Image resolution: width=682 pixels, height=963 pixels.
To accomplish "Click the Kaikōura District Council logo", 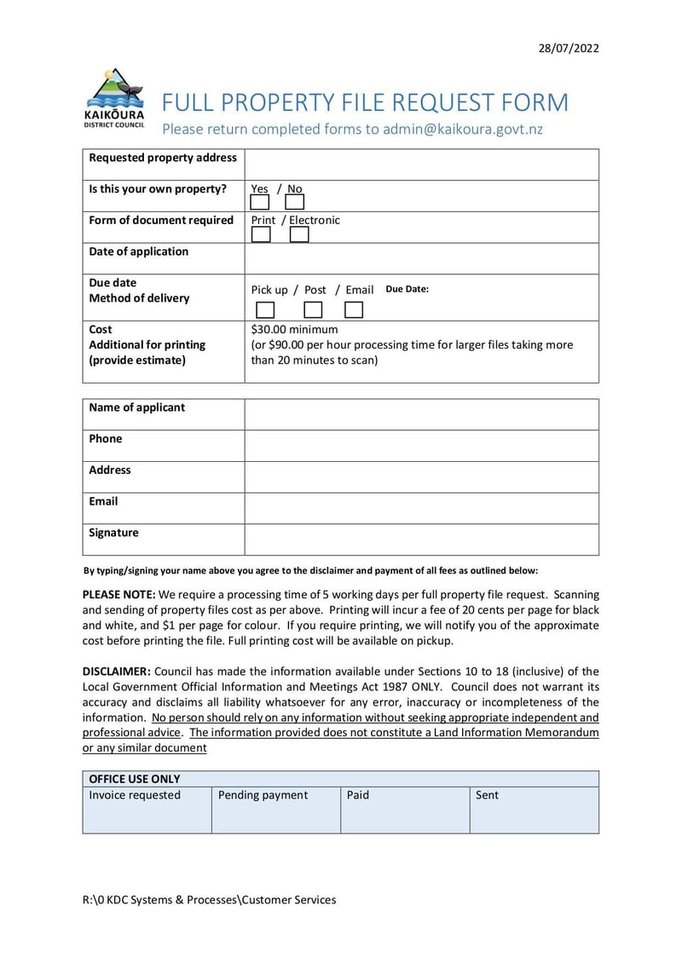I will pyautogui.click(x=114, y=98).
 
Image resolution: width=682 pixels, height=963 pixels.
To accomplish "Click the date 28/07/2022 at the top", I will pyautogui.click(x=569, y=48).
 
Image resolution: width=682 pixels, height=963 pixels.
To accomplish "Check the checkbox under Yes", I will pyautogui.click(x=260, y=202).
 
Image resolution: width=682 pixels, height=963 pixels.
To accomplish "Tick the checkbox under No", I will pyautogui.click(x=294, y=202).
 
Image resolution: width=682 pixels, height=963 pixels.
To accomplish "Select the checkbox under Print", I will pyautogui.click(x=261, y=234).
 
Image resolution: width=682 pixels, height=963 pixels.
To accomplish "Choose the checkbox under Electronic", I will pyautogui.click(x=299, y=234).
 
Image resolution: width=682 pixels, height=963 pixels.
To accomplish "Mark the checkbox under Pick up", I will pyautogui.click(x=266, y=310).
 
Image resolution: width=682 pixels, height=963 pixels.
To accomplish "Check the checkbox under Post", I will pyautogui.click(x=313, y=310).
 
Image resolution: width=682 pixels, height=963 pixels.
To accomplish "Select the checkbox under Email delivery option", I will pyautogui.click(x=354, y=310).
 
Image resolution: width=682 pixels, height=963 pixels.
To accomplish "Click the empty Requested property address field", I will pyautogui.click(x=421, y=164).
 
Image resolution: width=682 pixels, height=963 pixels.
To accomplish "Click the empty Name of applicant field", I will pyautogui.click(x=421, y=414).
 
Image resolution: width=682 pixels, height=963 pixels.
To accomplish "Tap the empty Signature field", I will pyautogui.click(x=421, y=539).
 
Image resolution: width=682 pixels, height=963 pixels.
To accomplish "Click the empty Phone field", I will pyautogui.click(x=421, y=446).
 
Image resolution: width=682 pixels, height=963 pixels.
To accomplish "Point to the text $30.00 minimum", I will pyautogui.click(x=294, y=329).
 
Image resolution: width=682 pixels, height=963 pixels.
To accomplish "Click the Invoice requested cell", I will pyautogui.click(x=147, y=810).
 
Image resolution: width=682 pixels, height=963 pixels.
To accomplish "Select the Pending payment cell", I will pyautogui.click(x=275, y=810).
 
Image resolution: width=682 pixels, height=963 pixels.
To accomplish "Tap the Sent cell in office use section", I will pyautogui.click(x=534, y=810).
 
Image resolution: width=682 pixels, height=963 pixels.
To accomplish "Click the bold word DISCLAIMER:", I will pyautogui.click(x=116, y=672).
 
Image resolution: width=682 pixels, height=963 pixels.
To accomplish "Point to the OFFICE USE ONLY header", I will pyautogui.click(x=135, y=779).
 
